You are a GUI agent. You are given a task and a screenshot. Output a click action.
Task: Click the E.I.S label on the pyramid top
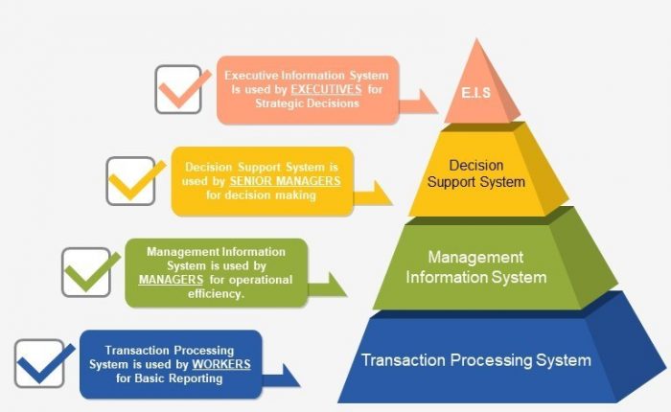(475, 92)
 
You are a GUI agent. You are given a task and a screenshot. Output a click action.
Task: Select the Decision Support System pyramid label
(475, 173)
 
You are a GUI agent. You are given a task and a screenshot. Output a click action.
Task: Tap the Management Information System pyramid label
(475, 267)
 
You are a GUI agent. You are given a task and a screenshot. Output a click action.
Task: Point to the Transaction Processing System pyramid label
(475, 360)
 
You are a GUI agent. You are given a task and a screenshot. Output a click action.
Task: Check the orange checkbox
(178, 89)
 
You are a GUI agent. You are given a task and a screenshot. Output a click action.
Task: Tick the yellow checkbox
(130, 181)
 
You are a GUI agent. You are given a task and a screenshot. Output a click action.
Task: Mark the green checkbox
(86, 272)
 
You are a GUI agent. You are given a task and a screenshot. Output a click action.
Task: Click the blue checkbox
(39, 364)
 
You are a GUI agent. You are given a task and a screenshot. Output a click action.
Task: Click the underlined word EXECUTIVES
(326, 89)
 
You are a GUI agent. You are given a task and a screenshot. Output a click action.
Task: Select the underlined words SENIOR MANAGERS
(285, 181)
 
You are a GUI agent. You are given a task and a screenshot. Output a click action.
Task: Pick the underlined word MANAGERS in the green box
(171, 280)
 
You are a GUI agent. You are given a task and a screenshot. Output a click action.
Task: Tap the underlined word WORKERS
(221, 364)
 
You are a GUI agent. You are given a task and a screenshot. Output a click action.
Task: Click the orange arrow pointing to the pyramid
(417, 103)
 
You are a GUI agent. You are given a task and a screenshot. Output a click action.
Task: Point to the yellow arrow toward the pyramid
(372, 194)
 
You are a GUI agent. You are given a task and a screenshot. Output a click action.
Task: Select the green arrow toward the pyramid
(327, 286)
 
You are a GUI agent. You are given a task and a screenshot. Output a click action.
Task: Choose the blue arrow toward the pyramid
(281, 377)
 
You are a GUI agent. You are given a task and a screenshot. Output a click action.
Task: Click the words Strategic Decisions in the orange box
(307, 103)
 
